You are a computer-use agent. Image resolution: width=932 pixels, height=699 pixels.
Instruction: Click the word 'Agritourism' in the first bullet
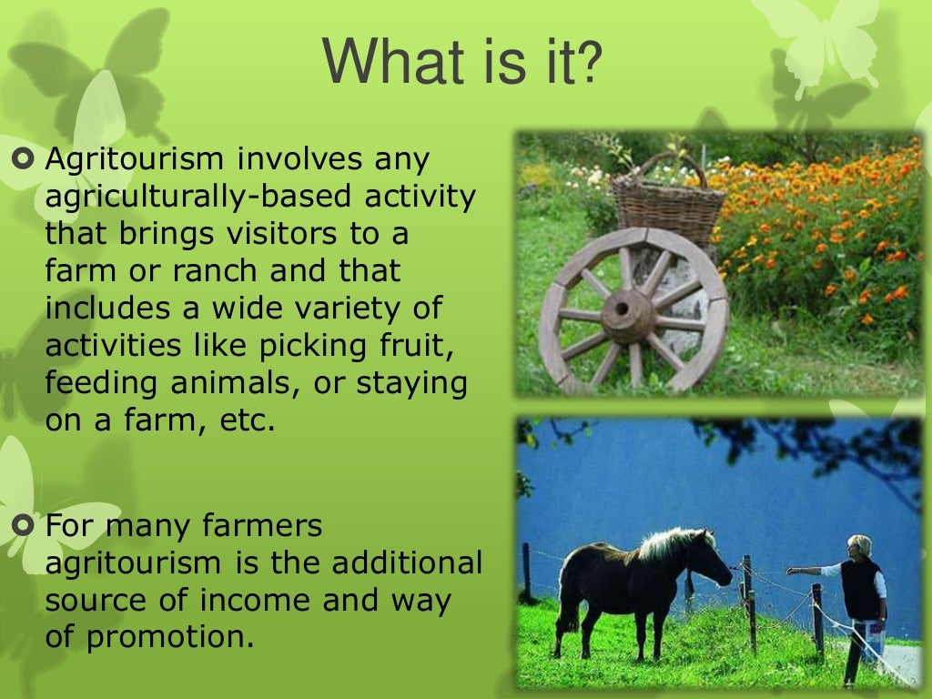point(135,159)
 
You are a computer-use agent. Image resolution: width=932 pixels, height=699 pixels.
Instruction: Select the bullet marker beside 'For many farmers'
point(25,525)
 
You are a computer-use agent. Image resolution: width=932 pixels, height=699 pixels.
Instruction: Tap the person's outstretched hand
point(791,572)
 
